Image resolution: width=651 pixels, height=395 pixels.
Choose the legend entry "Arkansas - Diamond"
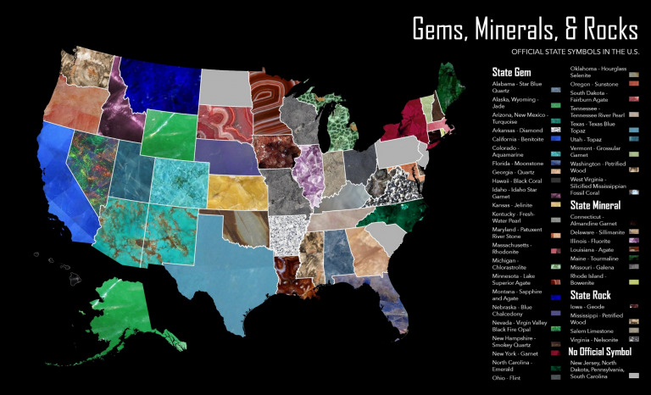pos(516,131)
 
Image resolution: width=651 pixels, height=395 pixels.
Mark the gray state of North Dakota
pos(225,85)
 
